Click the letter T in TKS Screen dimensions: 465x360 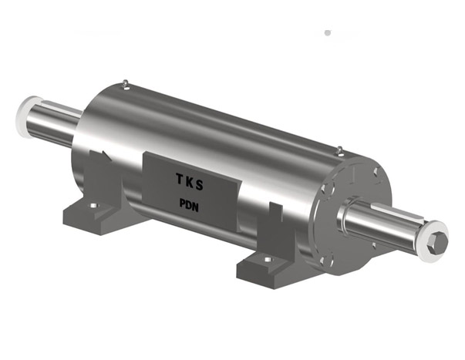[180, 179]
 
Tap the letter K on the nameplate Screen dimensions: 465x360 [190, 182]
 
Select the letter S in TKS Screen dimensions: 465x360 [200, 185]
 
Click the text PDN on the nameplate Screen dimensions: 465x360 [189, 205]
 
